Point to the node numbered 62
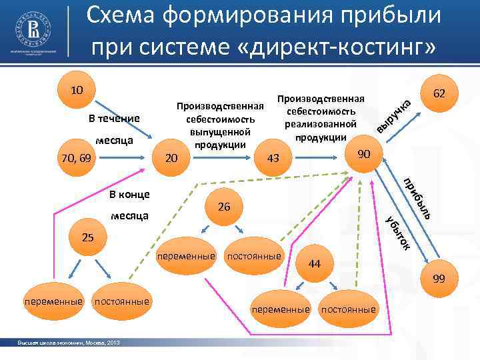click(438, 95)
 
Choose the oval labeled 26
click(224, 207)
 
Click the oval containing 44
click(315, 264)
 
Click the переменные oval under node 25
click(53, 302)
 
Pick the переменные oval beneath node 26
click(186, 256)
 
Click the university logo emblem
click(34, 31)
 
